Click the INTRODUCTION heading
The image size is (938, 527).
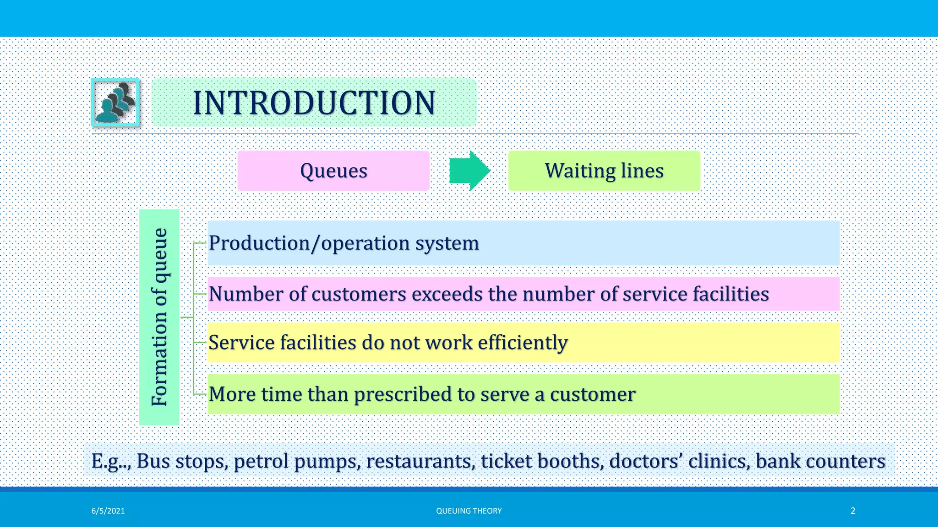[x=314, y=102]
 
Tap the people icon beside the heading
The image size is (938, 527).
[x=115, y=102]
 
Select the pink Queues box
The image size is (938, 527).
[x=333, y=171]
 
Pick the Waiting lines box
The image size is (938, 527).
[x=604, y=171]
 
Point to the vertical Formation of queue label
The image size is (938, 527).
[x=159, y=317]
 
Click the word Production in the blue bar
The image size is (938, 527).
[x=259, y=243]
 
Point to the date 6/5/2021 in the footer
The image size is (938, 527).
[x=108, y=511]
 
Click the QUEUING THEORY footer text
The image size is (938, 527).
[x=469, y=511]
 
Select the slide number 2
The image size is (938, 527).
[x=853, y=511]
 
